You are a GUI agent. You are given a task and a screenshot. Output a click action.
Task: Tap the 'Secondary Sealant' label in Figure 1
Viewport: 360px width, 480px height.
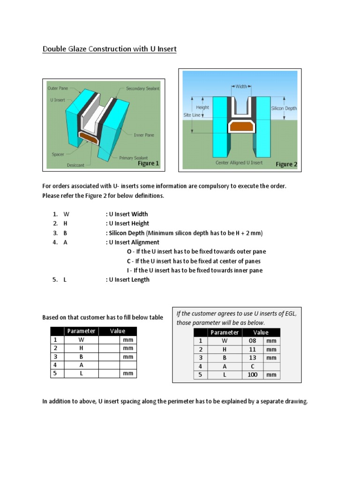point(142,88)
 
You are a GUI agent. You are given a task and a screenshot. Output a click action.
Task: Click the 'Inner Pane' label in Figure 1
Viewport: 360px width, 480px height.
point(144,135)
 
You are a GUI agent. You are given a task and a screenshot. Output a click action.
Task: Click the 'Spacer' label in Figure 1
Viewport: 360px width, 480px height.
point(58,154)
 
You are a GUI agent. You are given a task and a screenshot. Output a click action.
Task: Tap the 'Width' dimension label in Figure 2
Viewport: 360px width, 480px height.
point(241,86)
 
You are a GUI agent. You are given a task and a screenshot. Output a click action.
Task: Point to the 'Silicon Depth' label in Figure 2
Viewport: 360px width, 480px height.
point(284,108)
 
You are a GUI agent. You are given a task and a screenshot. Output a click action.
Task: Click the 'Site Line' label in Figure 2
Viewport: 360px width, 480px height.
point(192,114)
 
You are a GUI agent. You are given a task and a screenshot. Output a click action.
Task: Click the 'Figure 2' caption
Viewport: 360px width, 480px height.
point(286,164)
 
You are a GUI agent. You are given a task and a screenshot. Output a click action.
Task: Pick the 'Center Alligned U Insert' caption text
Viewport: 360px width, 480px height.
point(239,163)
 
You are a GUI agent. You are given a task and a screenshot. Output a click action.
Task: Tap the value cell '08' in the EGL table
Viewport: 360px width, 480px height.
point(253,341)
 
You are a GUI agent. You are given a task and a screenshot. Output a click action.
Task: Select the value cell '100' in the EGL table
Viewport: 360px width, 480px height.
point(253,375)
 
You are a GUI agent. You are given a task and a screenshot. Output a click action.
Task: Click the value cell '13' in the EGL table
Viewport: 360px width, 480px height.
point(253,358)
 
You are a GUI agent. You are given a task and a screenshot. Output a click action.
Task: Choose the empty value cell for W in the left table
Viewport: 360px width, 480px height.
point(109,339)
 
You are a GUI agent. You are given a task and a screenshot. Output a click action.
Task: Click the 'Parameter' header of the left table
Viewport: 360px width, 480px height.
point(81,331)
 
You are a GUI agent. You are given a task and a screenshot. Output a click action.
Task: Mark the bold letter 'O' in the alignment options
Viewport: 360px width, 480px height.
point(129,252)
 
